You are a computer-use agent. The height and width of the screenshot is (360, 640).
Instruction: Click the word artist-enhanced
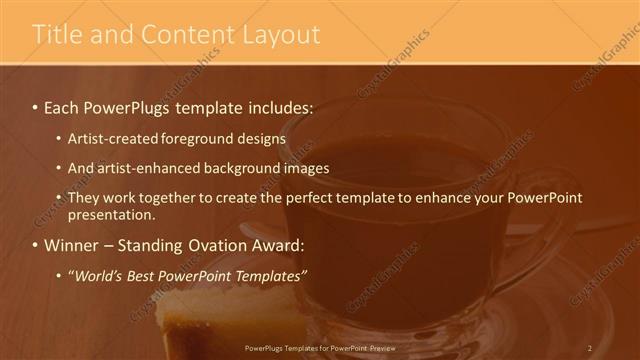coord(148,168)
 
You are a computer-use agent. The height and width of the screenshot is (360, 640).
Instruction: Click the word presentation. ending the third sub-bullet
coord(111,215)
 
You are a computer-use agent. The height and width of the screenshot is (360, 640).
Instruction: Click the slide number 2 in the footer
coord(590,348)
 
